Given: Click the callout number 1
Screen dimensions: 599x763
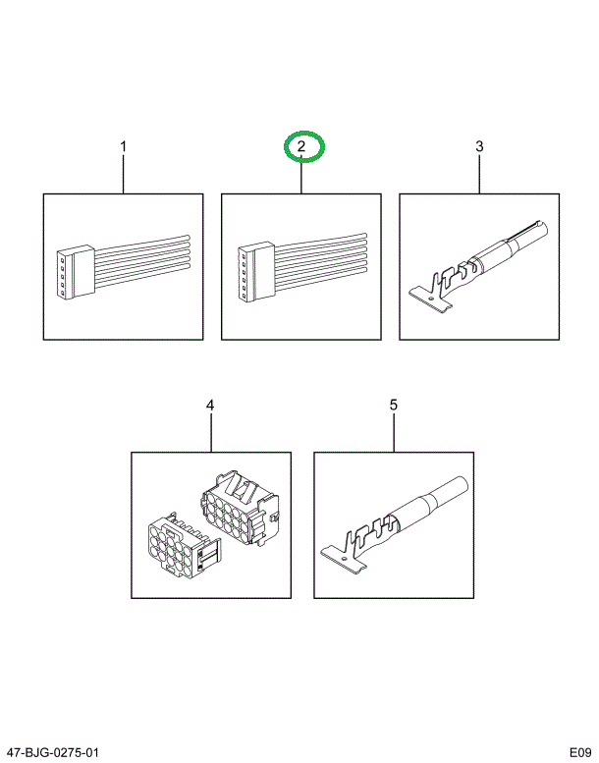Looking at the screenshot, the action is (124, 146).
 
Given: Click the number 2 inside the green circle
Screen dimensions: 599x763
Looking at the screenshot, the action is (301, 146).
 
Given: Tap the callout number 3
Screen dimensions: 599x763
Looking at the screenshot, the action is (479, 146).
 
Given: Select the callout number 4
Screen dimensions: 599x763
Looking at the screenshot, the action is (210, 406).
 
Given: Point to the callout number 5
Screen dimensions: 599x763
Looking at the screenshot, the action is (394, 406).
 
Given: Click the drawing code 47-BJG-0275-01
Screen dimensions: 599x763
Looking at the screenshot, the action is (53, 753).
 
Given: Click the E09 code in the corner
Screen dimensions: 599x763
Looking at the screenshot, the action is (581, 753).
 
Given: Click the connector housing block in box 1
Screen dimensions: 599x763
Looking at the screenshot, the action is (75, 272).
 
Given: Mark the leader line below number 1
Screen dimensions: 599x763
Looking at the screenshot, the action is (124, 174).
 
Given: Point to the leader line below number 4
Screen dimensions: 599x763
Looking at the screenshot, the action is (211, 433).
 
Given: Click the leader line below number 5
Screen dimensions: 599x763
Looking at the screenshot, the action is (394, 433).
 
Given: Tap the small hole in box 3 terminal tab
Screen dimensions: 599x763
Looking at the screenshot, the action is (432, 298).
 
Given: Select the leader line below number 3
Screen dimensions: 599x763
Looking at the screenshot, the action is (479, 174).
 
